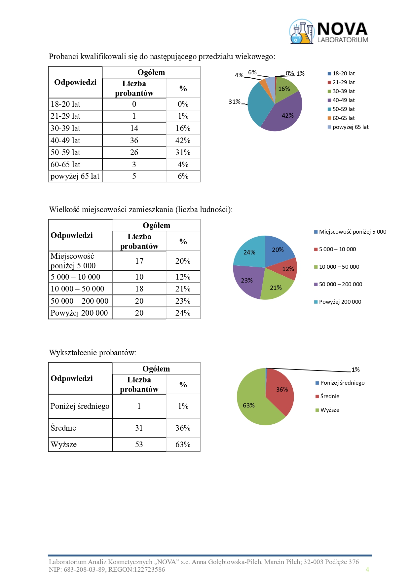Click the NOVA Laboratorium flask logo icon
301,32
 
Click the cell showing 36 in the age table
134,140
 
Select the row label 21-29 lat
65,116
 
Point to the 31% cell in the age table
183,152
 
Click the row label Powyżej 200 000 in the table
79,313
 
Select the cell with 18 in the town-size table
139,289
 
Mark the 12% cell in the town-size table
183,277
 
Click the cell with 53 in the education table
139,445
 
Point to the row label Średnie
63,428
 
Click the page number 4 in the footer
367,569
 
